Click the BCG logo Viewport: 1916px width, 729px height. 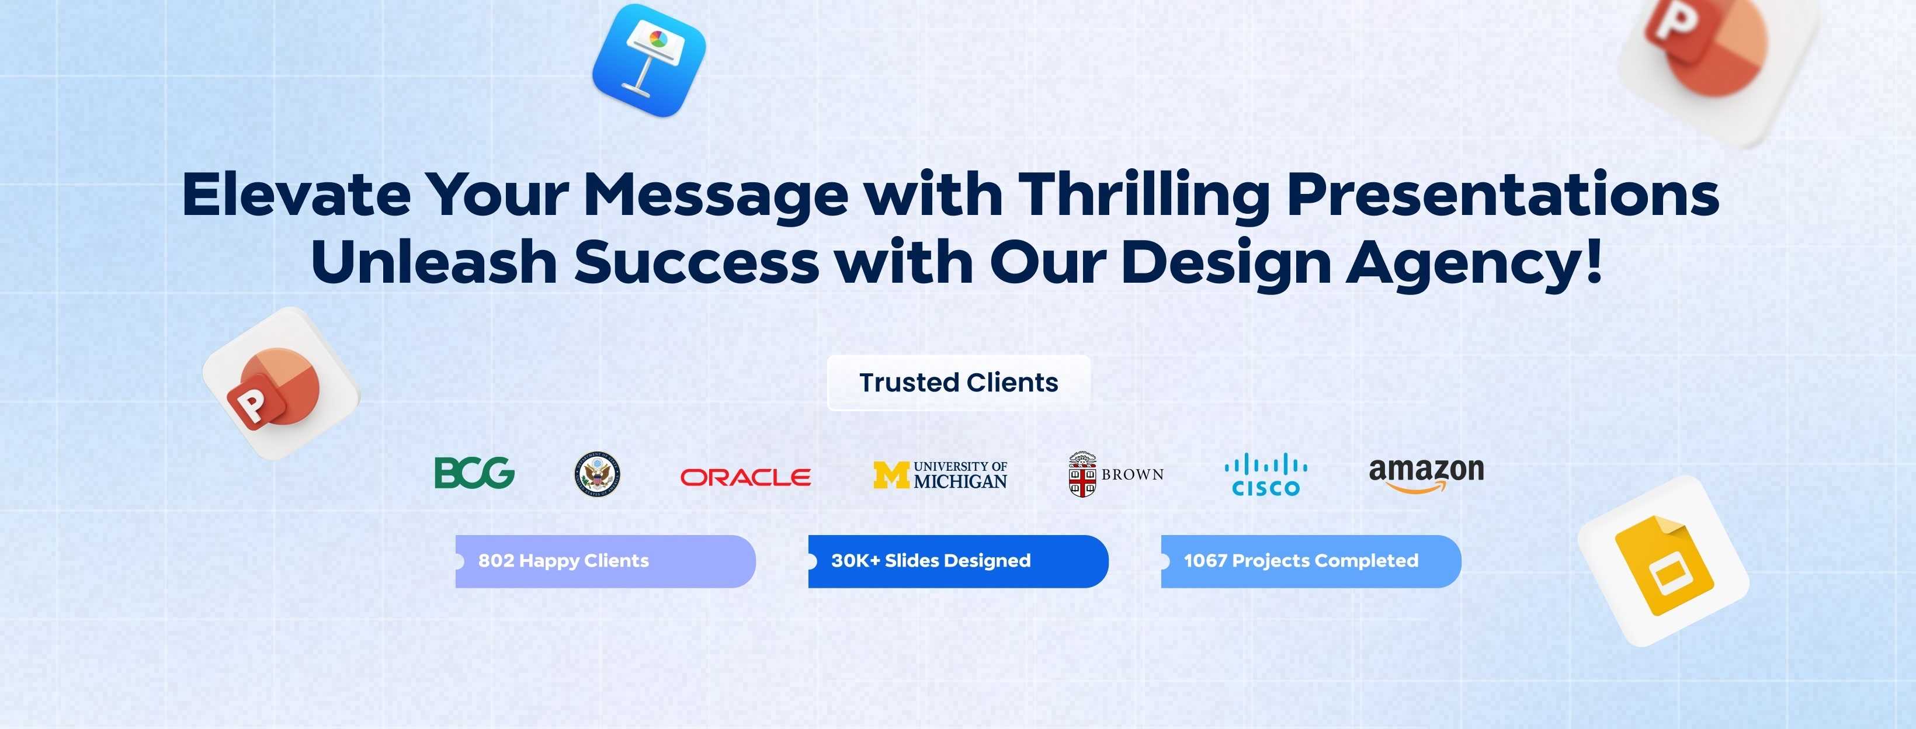point(474,473)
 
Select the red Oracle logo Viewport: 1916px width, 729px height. point(745,477)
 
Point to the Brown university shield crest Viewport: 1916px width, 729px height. point(1082,474)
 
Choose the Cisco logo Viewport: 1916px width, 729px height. point(1266,476)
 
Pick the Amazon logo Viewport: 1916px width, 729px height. point(1426,474)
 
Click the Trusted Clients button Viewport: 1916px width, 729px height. point(959,383)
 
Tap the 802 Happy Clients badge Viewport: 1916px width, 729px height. point(605,561)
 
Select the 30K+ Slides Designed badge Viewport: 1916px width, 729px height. point(958,561)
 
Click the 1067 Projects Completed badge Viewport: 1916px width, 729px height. point(1311,561)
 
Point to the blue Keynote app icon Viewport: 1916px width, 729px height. point(648,60)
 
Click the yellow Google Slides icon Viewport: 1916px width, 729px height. point(1663,561)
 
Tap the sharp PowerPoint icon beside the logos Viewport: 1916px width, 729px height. point(280,383)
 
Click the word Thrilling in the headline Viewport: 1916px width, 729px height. point(1144,196)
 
